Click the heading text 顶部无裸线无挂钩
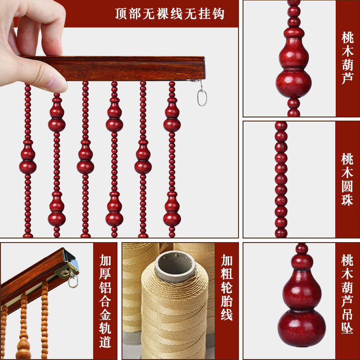[x=170, y=14]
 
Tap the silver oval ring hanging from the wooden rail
[x=202, y=98]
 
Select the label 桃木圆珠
[x=347, y=179]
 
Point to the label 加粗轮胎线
[x=227, y=287]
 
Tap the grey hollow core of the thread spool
[x=175, y=266]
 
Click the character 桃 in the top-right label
[x=347, y=38]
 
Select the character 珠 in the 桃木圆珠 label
[x=347, y=199]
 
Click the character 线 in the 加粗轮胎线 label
[x=227, y=314]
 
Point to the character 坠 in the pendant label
[x=347, y=328]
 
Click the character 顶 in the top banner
[x=121, y=14]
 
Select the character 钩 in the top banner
[x=218, y=14]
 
